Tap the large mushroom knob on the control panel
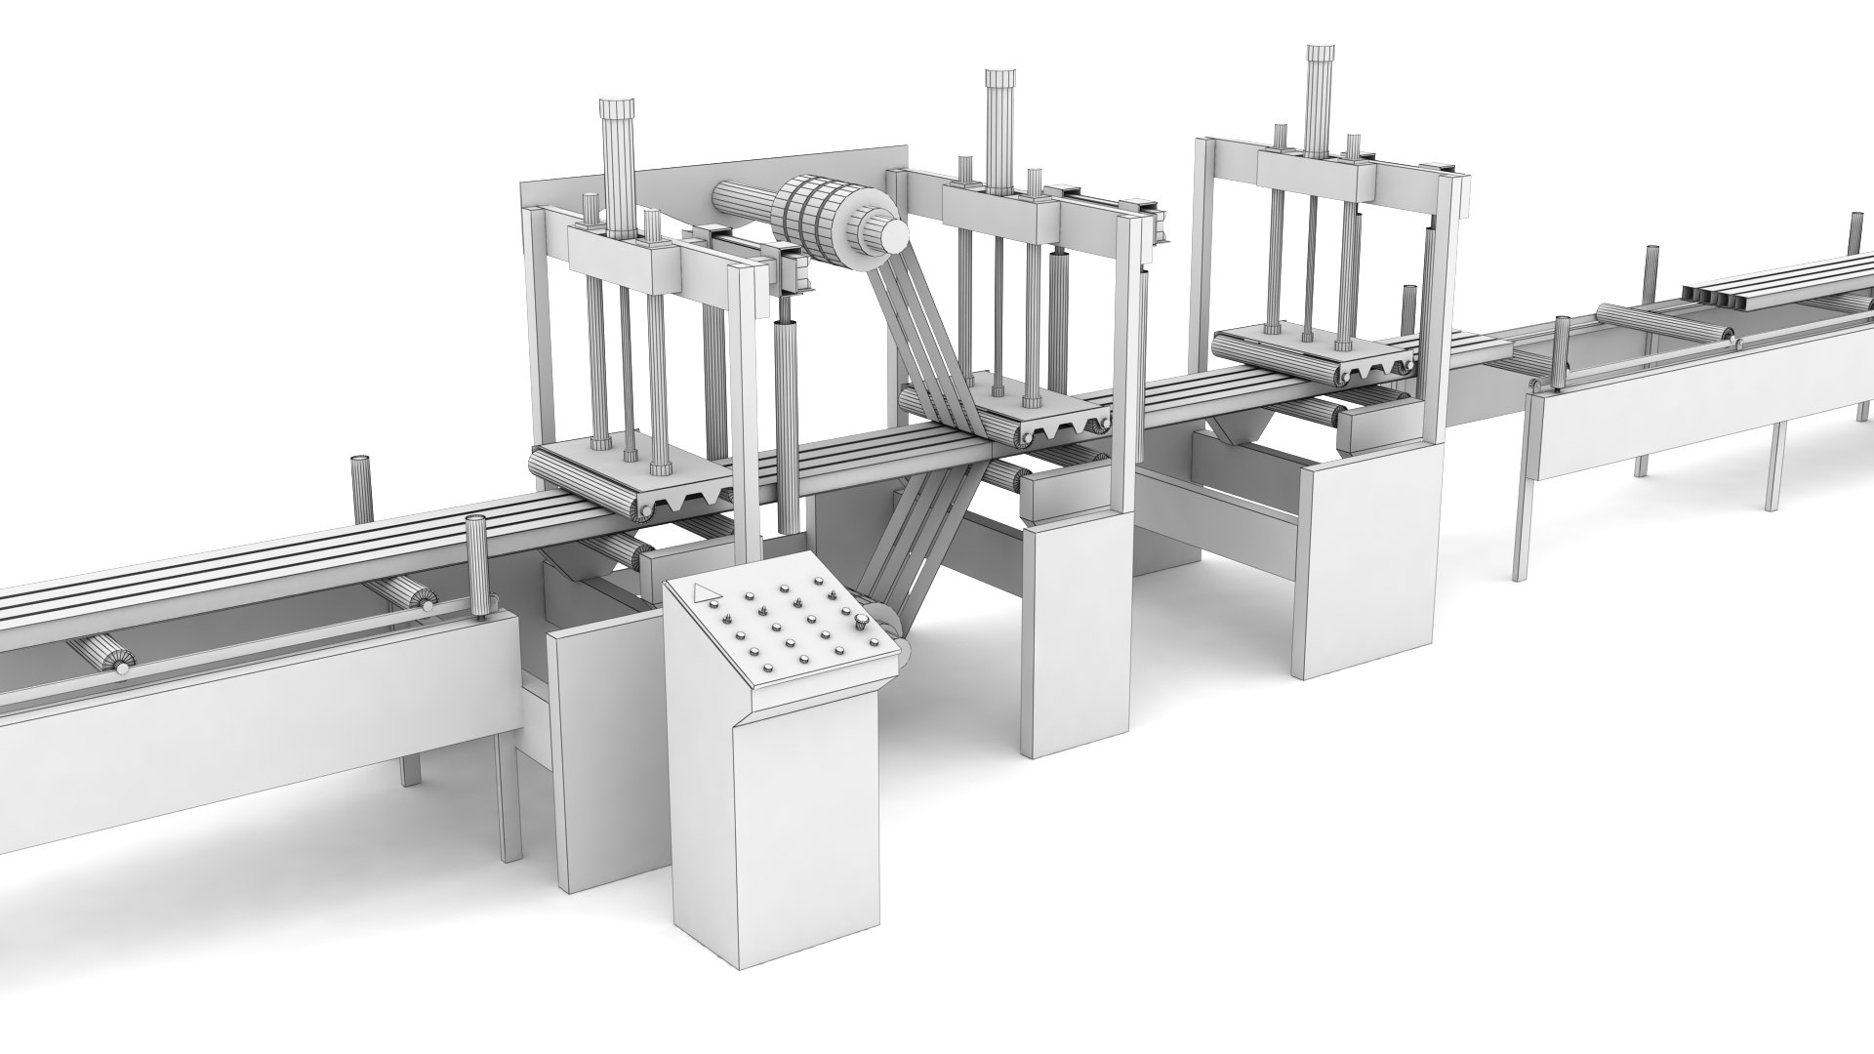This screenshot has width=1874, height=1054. (x=863, y=623)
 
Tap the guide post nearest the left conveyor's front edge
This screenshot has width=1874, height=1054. (x=477, y=566)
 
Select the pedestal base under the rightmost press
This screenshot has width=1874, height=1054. (x=1366, y=566)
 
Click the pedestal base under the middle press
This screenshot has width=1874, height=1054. (x=1074, y=634)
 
